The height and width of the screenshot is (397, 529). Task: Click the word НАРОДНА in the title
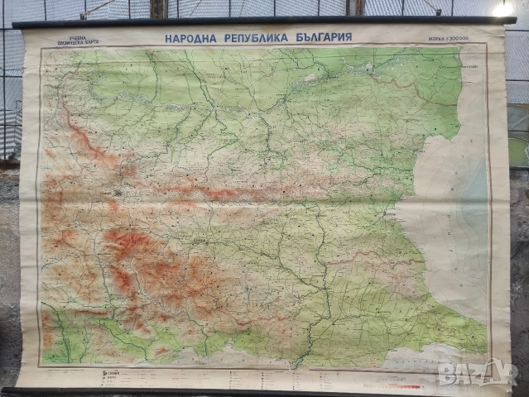190,37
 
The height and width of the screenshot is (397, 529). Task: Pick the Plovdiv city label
201,240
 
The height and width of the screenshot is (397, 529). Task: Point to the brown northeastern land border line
430,91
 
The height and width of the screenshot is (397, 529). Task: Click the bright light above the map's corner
503,10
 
